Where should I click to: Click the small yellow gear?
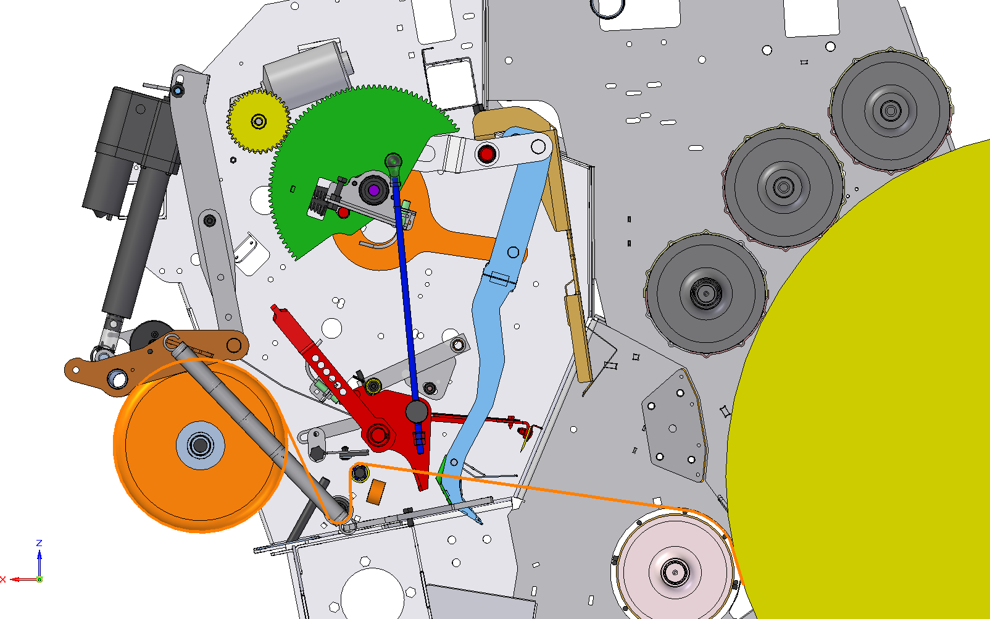(259, 121)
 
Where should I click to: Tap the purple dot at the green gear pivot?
(374, 191)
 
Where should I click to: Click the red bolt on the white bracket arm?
(487, 154)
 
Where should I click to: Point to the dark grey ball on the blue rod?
(417, 411)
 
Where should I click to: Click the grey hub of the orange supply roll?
(200, 445)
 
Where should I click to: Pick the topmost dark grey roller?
(891, 110)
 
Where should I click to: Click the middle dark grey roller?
(784, 187)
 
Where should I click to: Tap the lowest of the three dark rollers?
(705, 293)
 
